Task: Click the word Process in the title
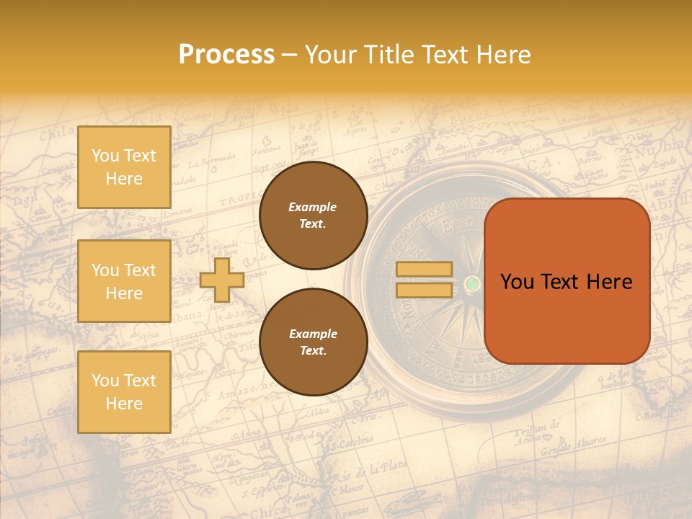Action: pos(226,55)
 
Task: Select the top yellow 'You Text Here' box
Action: pos(124,167)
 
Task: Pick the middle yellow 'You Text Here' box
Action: pos(124,281)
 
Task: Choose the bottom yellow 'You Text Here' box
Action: pos(124,391)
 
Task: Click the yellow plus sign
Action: pos(222,280)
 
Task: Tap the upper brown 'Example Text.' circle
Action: pos(313,216)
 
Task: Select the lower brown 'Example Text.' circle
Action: pos(313,342)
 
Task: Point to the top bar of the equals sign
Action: pos(424,270)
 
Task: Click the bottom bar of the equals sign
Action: pos(424,290)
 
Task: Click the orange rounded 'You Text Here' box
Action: pos(567,281)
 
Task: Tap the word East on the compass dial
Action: pos(457,226)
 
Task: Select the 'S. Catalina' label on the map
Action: pos(352,441)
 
